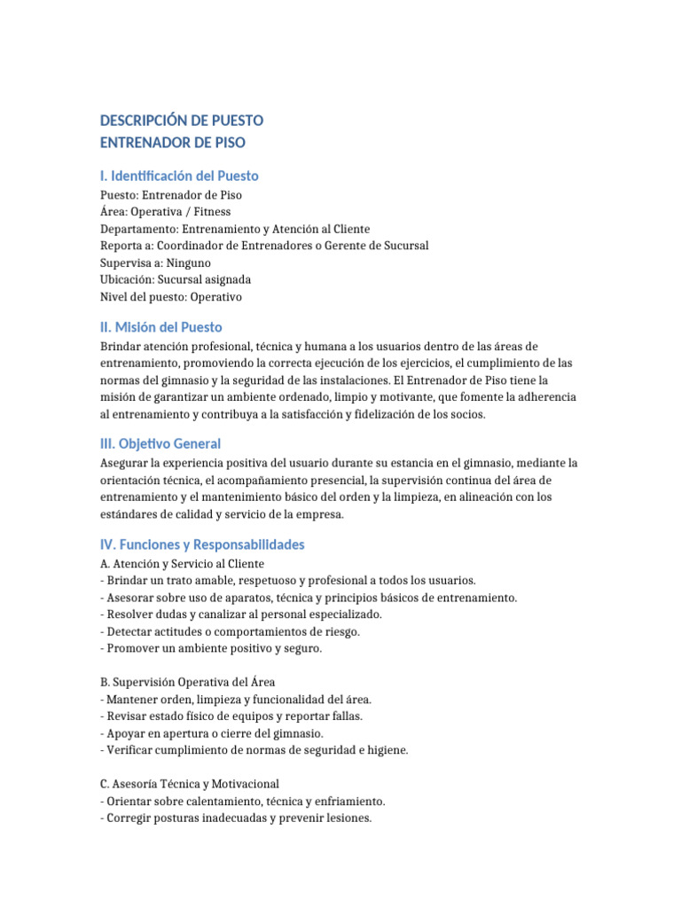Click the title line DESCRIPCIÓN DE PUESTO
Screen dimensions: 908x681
tap(182, 120)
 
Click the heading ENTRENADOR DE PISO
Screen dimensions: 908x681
tap(173, 142)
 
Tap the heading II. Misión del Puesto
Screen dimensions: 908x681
tap(161, 326)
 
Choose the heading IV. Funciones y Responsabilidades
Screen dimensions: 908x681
tap(202, 544)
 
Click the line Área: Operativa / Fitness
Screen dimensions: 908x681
tap(166, 212)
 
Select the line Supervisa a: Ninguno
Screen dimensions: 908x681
tap(156, 262)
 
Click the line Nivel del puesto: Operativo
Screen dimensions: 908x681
tap(171, 297)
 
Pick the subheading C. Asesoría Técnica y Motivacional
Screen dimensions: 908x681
tap(190, 784)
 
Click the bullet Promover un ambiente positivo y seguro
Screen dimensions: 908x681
tap(212, 648)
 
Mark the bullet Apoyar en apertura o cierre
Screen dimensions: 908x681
tap(212, 733)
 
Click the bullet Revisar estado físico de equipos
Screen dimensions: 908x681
tap(231, 716)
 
